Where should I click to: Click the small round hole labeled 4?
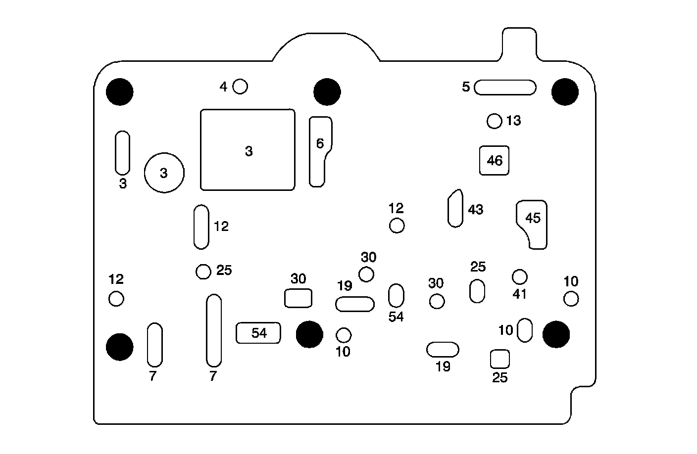240,87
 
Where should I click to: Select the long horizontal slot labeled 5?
505,88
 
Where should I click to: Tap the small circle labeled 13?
495,121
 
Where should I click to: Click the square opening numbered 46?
495,160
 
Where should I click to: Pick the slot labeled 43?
455,208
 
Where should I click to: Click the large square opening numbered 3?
248,150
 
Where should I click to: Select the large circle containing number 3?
164,173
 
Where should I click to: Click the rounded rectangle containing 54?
258,333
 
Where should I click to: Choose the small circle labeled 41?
519,276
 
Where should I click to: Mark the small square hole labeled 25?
499,359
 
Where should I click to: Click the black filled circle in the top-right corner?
565,92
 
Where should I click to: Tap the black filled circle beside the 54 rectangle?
309,334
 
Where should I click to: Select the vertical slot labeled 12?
201,227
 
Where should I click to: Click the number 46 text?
495,160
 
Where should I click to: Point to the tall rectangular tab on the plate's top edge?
519,45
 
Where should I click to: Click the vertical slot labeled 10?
525,330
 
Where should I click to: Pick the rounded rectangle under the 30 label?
299,298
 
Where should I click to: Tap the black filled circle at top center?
327,92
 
